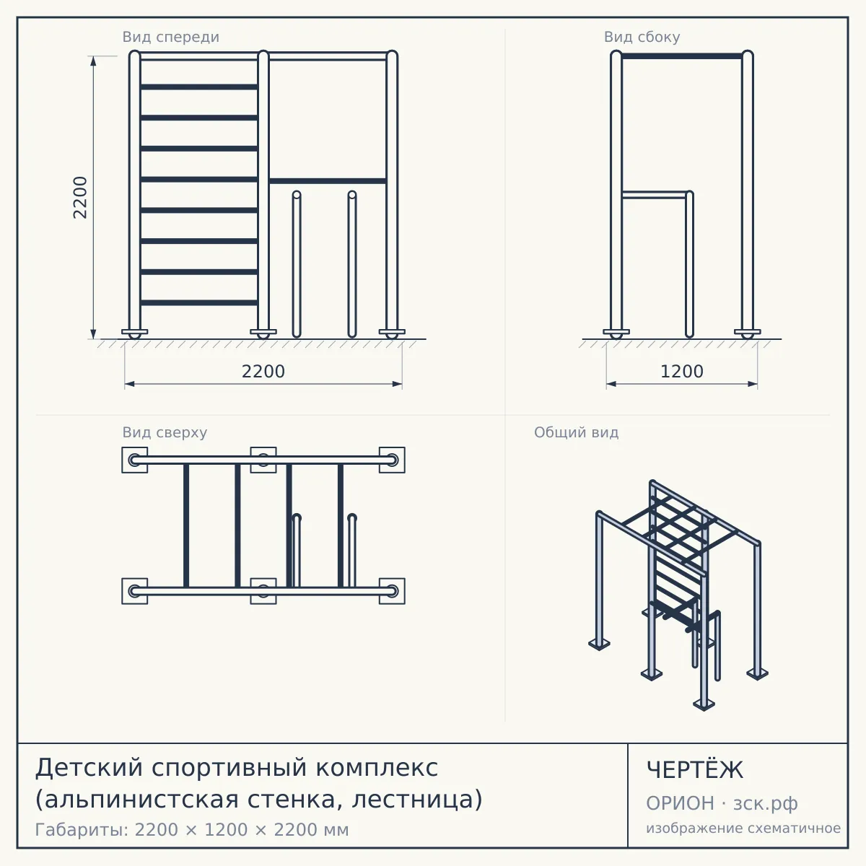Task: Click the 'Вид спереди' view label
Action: click(171, 37)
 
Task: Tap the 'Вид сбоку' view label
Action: click(642, 37)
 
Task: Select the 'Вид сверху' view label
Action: click(165, 432)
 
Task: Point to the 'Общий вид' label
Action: click(576, 432)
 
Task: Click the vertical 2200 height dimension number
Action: click(80, 198)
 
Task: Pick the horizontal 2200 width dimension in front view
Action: click(263, 372)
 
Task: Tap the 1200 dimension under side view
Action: click(682, 372)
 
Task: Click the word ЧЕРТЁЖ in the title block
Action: click(695, 770)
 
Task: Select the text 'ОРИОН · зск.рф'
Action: click(722, 803)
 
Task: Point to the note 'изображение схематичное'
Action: click(743, 828)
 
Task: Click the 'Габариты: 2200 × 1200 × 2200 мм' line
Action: click(192, 830)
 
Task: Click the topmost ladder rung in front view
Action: click(198, 87)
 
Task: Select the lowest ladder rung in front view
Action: click(198, 302)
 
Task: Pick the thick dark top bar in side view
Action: click(682, 56)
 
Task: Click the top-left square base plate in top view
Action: click(134, 460)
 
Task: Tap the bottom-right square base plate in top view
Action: click(392, 591)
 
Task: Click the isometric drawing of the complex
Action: click(678, 595)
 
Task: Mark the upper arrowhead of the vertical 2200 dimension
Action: click(93, 61)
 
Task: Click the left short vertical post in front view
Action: click(297, 264)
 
